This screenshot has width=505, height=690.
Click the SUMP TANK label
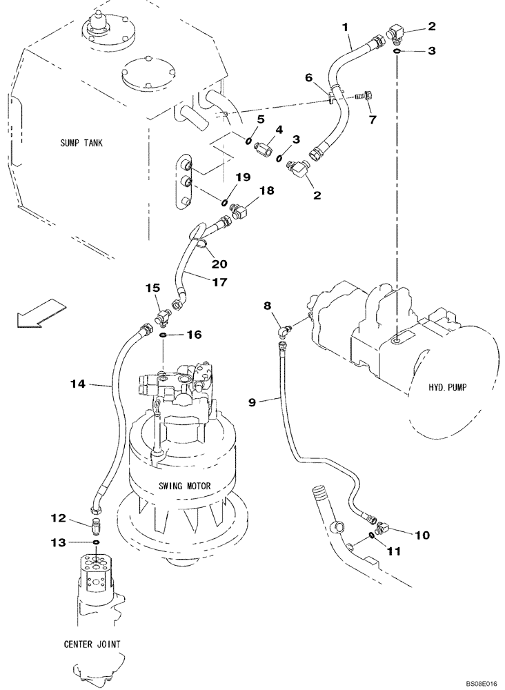click(x=84, y=144)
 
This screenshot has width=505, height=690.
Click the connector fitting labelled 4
click(x=266, y=148)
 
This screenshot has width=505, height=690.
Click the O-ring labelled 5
click(x=247, y=141)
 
